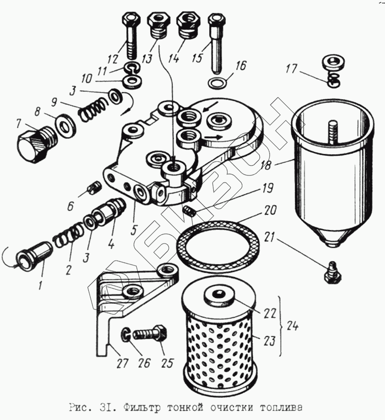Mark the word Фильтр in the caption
[142, 407]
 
